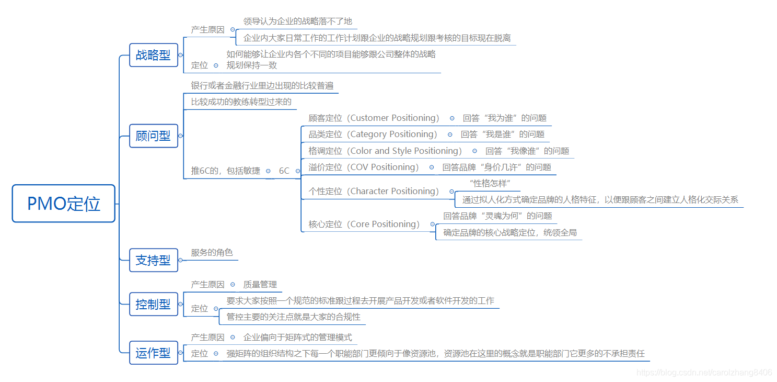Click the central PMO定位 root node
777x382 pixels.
pos(63,204)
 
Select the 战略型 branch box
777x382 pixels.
pos(153,55)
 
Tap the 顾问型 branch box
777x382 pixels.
pos(153,136)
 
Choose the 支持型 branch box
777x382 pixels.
pos(153,260)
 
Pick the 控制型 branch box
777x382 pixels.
pos(153,304)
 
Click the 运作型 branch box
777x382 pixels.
pos(153,353)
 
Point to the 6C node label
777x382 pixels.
pos(284,171)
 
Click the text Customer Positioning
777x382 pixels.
pos(395,118)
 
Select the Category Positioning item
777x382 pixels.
pos(393,134)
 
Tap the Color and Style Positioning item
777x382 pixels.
pos(405,151)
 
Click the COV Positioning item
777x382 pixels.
pos(384,167)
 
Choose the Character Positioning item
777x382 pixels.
pos(394,192)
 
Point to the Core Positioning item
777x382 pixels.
pos(385,224)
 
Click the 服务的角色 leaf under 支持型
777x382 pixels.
pos(212,253)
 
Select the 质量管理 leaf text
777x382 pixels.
pos(260,285)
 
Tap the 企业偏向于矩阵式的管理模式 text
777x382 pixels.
pos(297,338)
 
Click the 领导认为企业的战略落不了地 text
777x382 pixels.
pos(297,21)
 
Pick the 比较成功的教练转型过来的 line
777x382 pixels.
pos(241,102)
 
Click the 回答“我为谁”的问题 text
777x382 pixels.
pos(504,118)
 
